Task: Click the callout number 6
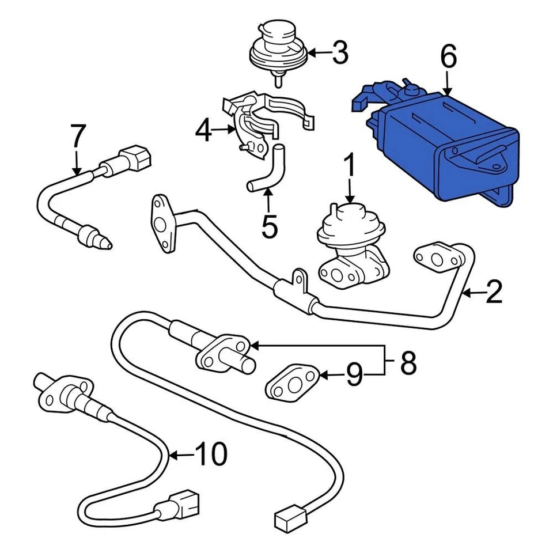point(448,58)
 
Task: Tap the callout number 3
point(340,53)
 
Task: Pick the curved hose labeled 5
point(271,171)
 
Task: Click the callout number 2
point(494,293)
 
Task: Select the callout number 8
point(408,363)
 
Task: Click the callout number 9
point(354,375)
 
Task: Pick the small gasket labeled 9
point(293,381)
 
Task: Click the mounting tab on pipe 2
point(299,279)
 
